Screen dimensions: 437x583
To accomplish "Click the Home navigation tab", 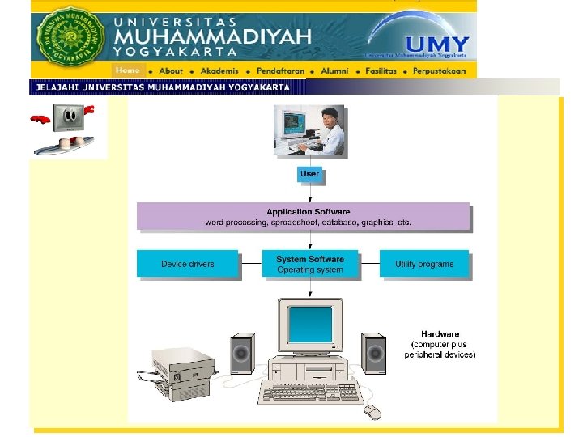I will [127, 70].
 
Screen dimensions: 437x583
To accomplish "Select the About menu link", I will [171, 70].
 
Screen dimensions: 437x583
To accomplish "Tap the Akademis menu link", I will [219, 70].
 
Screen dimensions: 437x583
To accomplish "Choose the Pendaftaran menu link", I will [281, 70].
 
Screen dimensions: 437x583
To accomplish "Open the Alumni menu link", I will [334, 70].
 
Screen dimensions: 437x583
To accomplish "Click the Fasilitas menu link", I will [381, 70].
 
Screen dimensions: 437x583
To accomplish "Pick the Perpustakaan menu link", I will [440, 70].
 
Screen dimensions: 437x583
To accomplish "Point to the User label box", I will [309, 174].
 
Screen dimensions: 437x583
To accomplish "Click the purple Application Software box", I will [303, 216].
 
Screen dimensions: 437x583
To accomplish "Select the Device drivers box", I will [188, 264].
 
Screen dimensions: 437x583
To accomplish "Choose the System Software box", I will [310, 264].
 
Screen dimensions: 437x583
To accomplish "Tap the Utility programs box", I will [424, 264].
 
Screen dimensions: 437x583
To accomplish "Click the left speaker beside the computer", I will [242, 353].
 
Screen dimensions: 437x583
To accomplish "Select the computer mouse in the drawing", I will [372, 411].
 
